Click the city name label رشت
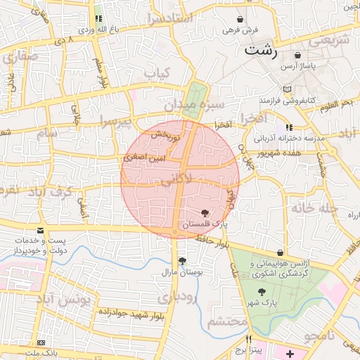coord(261,51)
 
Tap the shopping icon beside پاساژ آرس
coord(298,55)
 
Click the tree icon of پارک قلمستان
coord(204,212)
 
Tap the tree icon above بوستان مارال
coord(182,261)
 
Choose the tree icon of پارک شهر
coord(262,292)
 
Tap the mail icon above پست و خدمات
coord(40,231)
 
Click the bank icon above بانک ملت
coord(40,342)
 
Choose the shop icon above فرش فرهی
coord(242,20)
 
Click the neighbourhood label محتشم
coord(227,321)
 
